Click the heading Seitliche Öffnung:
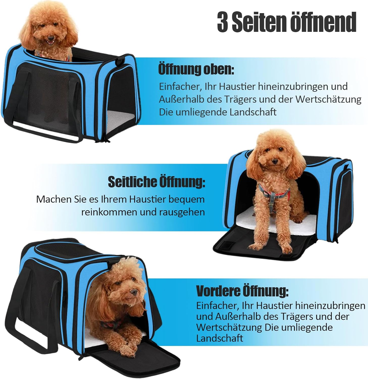(x=157, y=182)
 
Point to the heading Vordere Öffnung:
(x=242, y=291)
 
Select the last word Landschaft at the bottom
(x=220, y=338)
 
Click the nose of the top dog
(x=51, y=38)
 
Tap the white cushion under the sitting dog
(x=268, y=222)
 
